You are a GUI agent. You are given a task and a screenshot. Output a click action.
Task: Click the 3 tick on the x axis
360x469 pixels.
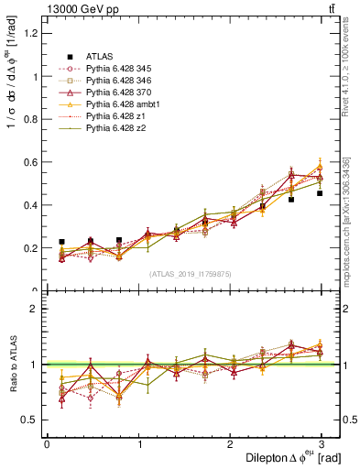[322, 444]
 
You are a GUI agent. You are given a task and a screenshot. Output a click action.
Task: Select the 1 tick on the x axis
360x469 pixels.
[138, 444]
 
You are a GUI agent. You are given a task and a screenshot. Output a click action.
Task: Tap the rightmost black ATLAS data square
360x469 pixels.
[320, 193]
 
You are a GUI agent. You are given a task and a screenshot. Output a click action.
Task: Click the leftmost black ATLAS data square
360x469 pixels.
[61, 242]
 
